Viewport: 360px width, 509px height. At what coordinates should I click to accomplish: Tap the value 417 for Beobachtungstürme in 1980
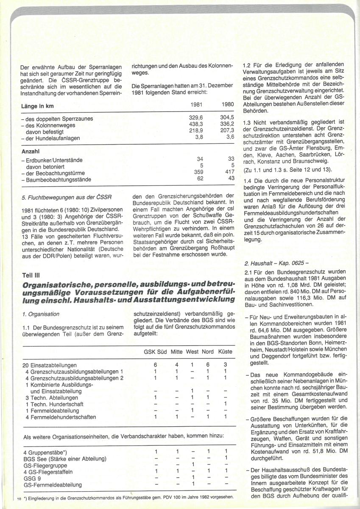pos(228,173)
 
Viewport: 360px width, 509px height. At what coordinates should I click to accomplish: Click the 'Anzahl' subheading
pos(30,151)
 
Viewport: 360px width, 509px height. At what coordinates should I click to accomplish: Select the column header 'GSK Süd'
pos(156,352)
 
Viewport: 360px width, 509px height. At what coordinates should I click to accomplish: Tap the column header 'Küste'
pos(225,352)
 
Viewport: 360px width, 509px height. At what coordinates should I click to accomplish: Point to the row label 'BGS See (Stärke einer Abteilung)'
pos(65,459)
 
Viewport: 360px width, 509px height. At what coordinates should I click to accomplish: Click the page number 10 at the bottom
pos(19,498)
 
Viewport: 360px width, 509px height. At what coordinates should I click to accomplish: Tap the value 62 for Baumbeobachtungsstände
pos(201,179)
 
